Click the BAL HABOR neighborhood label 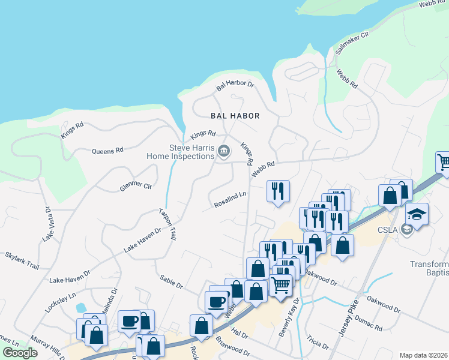pos(235,116)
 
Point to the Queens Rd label pos(107,151)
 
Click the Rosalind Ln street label pos(231,200)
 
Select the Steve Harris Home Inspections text pos(181,152)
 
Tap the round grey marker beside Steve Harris pos(224,150)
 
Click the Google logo pos(20,353)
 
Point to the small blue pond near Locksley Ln pos(80,308)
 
